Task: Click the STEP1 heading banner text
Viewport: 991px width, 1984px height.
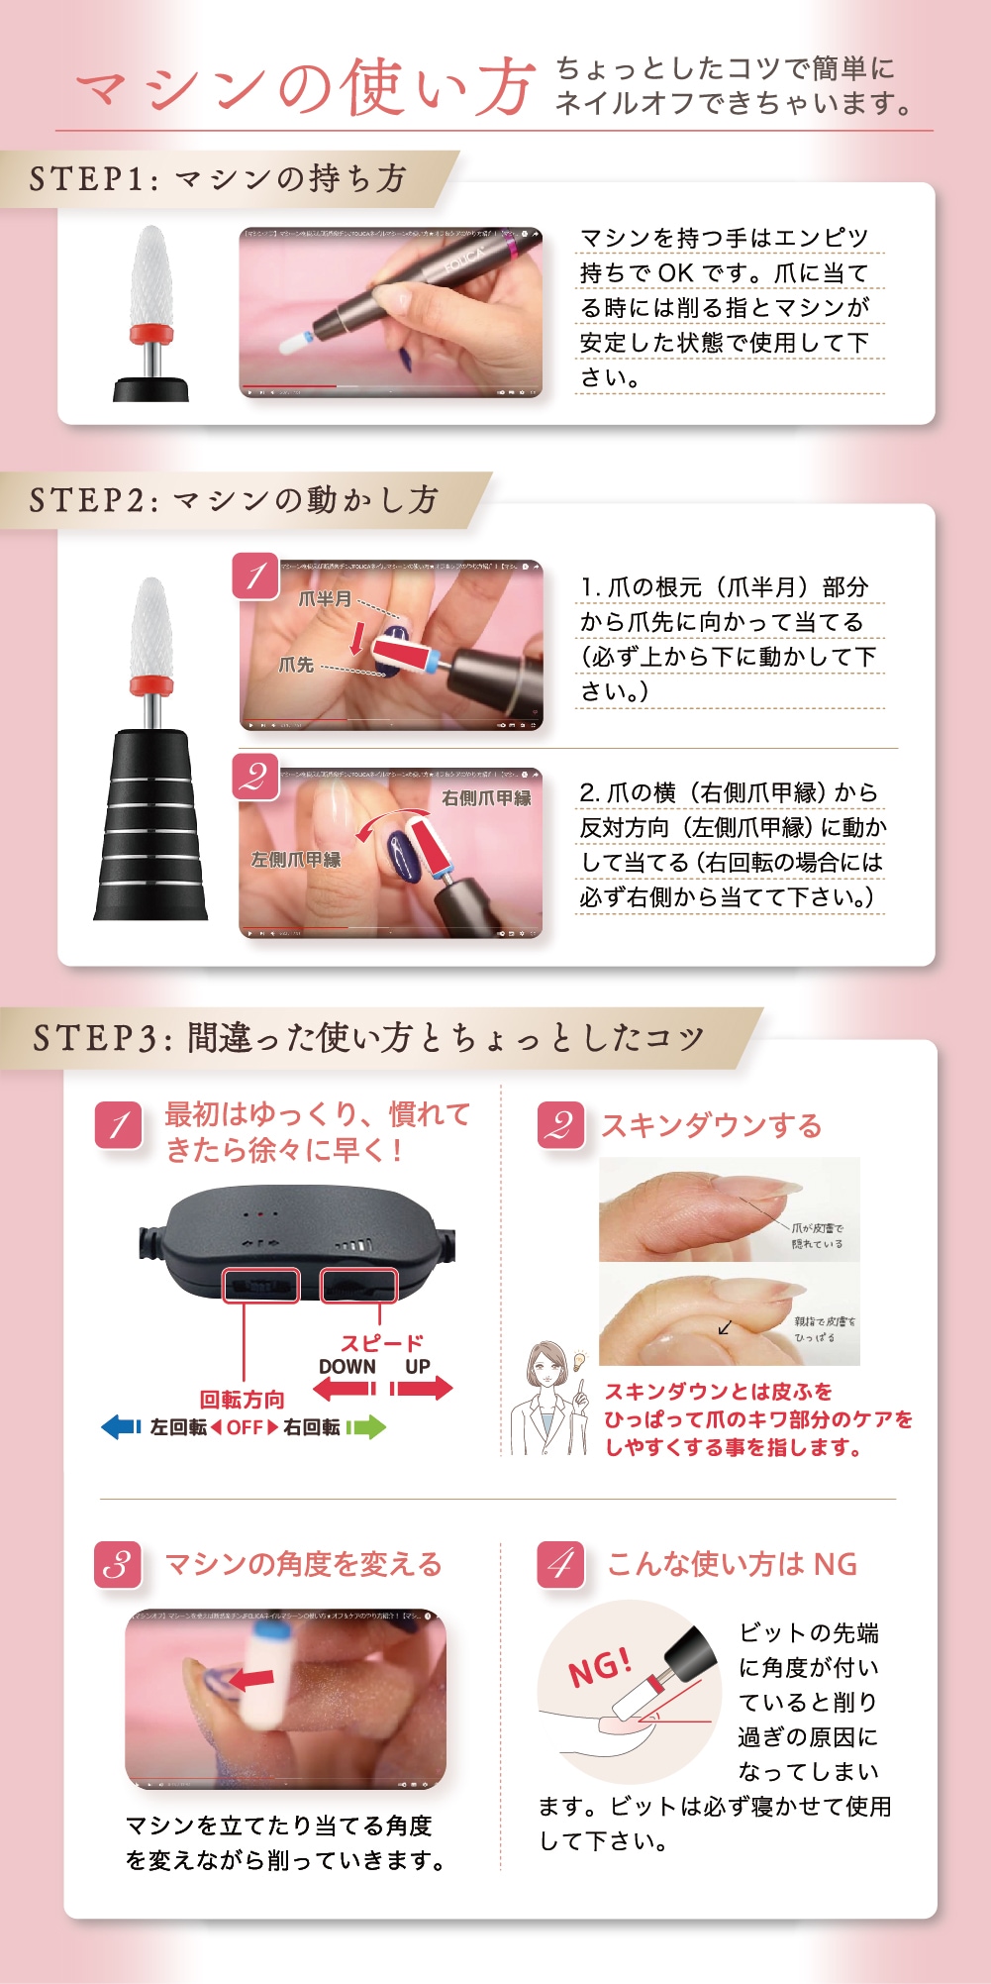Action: click(218, 178)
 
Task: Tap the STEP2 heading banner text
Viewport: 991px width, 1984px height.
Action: click(234, 499)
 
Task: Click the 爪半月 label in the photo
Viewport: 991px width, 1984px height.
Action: click(325, 599)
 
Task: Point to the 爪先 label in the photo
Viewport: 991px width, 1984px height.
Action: click(296, 665)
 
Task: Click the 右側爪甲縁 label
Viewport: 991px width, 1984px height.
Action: click(486, 797)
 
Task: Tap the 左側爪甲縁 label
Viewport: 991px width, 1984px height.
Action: click(295, 860)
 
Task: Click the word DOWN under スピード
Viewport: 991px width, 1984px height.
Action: click(347, 1366)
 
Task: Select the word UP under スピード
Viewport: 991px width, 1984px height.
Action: click(417, 1366)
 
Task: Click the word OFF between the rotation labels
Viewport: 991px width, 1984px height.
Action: click(245, 1427)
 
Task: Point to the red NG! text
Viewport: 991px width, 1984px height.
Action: click(599, 1665)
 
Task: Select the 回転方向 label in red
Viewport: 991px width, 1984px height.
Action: click(242, 1400)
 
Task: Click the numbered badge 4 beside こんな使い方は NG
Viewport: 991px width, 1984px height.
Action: click(560, 1564)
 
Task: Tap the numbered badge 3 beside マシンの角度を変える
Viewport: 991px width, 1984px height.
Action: click(118, 1564)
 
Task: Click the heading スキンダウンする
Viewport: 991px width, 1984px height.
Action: click(711, 1125)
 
